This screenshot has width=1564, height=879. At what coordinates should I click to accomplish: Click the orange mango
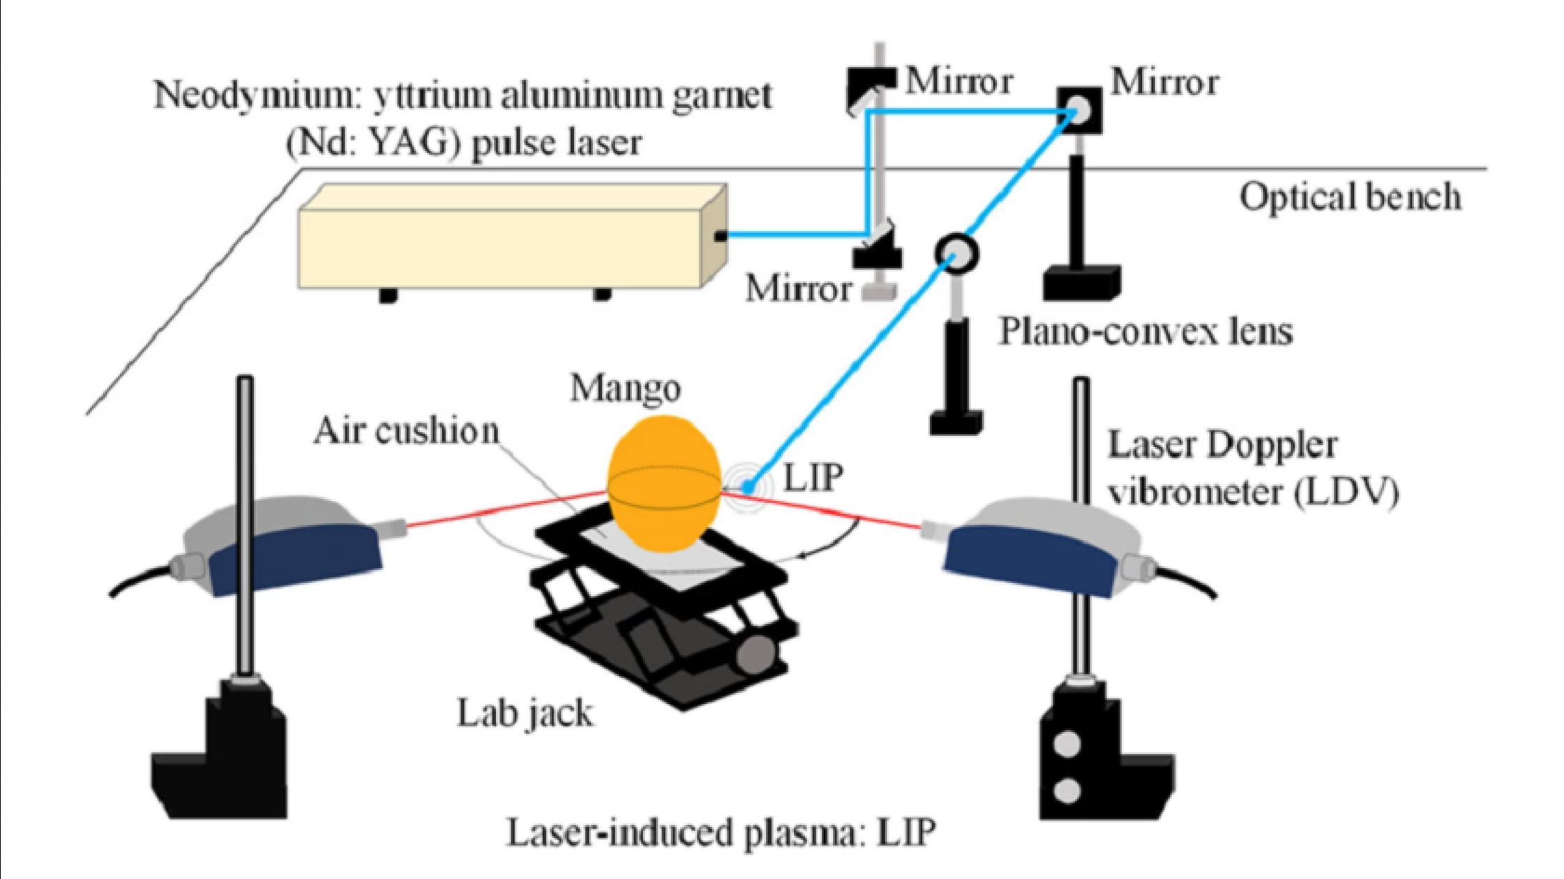pos(663,481)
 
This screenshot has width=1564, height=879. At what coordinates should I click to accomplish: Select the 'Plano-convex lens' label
pos(1145,331)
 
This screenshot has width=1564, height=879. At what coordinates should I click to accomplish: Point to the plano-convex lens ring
pos(956,253)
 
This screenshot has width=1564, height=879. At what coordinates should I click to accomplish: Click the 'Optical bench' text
pos(1349,197)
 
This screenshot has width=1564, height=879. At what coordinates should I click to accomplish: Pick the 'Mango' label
pos(625,389)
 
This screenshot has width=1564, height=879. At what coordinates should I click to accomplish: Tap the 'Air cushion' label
pos(406,431)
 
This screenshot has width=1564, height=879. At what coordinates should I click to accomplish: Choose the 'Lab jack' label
pos(525,713)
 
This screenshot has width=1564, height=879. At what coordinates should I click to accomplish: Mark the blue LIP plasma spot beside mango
pos(747,486)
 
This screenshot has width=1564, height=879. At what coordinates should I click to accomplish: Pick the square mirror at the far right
pos(1079,110)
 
